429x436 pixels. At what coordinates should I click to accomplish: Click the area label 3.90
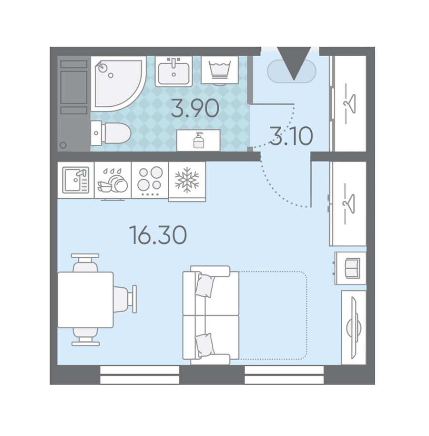point(195,109)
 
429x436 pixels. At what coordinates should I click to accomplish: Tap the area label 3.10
point(292,136)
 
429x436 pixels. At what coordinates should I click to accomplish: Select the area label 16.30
point(158,235)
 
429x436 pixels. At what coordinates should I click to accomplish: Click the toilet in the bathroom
point(111,133)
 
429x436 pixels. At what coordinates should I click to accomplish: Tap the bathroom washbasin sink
point(174,71)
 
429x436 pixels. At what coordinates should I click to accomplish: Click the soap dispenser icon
point(199,140)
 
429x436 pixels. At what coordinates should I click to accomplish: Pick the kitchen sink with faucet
point(76,180)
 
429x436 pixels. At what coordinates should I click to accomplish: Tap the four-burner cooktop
point(150,180)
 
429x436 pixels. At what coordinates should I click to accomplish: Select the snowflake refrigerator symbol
point(187,180)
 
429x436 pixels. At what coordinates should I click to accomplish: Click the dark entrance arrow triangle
point(294,63)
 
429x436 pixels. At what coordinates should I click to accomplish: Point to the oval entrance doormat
point(292,71)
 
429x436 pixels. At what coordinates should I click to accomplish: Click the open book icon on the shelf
point(352,268)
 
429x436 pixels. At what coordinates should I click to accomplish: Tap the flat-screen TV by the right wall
point(354,328)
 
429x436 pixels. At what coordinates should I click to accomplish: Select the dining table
point(85,300)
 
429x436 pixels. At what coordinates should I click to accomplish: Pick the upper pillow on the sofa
point(205,285)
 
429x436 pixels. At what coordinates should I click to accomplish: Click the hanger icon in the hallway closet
point(349,103)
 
